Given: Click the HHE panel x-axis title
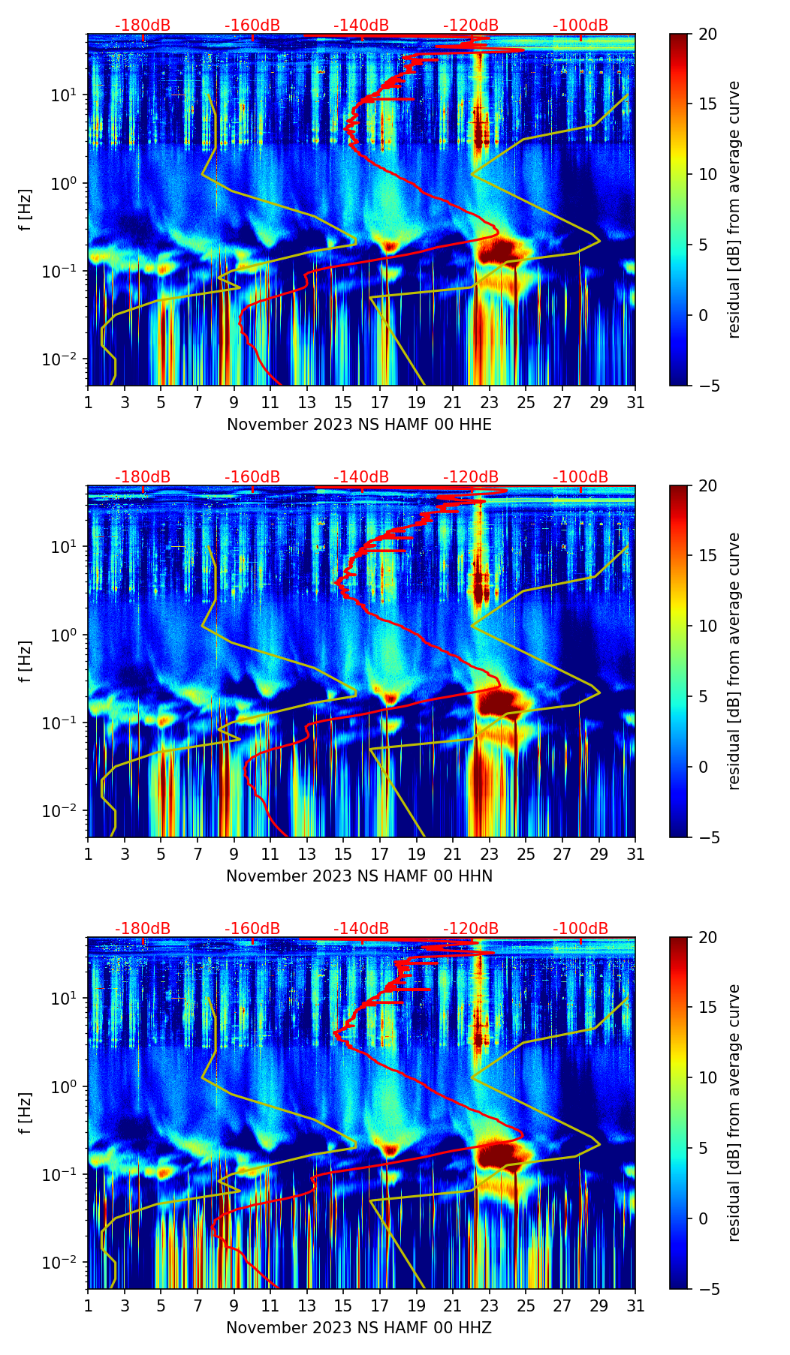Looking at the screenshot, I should tap(359, 425).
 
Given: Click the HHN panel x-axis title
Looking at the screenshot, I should tap(359, 876).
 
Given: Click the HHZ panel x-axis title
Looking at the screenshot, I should tap(359, 1328).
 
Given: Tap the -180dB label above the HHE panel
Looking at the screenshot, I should tap(143, 26).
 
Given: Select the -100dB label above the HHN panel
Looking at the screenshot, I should tap(580, 477).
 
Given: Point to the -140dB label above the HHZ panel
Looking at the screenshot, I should tap(361, 929).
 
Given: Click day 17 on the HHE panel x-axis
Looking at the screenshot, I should tap(380, 402).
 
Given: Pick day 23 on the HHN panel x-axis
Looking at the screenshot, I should tap(490, 854).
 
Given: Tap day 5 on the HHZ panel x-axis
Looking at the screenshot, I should tap(161, 1305).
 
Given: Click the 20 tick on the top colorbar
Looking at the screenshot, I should tap(707, 34).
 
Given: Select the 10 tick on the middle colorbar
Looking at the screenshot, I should tap(707, 626).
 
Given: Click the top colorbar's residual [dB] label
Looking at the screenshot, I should tap(734, 209).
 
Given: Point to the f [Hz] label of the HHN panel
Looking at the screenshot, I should tap(26, 661).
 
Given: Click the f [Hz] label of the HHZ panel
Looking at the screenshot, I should tap(26, 1113).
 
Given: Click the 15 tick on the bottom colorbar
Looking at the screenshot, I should tap(707, 1008).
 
